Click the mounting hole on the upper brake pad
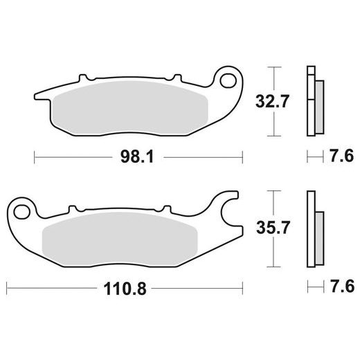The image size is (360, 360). coord(228,80)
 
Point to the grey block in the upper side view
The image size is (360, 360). coord(318,107)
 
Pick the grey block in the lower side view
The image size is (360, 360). coord(318,235)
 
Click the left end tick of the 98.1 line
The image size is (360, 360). coord(35,158)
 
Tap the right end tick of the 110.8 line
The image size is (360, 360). coord(242,285)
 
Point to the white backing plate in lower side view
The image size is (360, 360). coord(311,228)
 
